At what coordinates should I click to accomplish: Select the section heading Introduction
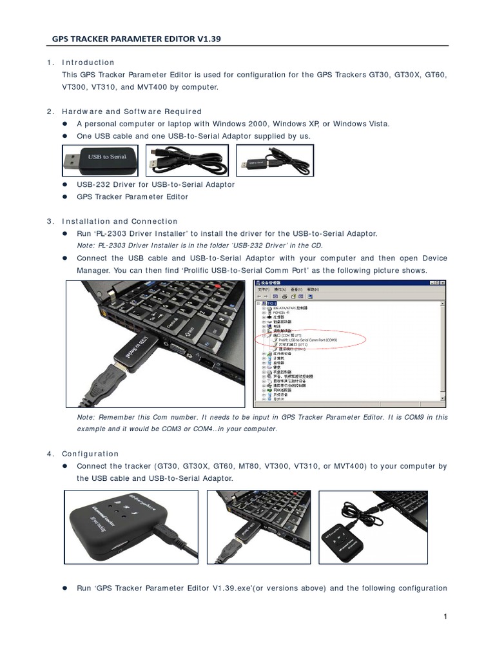(88, 63)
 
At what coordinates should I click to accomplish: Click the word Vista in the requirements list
(376, 123)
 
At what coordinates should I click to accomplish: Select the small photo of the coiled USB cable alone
(186, 159)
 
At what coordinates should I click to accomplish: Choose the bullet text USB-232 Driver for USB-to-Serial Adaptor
(156, 184)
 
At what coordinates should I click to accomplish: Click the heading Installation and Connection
(120, 221)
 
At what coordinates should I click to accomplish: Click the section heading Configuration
(91, 454)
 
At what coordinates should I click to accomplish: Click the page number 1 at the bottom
(445, 617)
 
